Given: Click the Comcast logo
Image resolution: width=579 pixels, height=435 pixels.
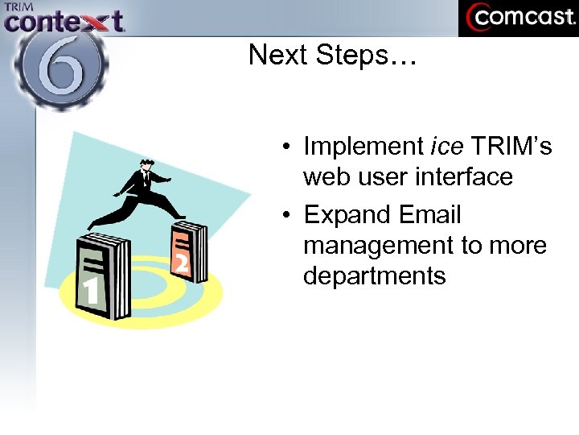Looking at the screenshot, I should (x=518, y=18).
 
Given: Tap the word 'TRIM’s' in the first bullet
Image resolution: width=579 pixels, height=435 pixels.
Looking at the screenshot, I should (x=511, y=147).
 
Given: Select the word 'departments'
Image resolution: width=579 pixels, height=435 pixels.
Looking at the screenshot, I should (x=374, y=275).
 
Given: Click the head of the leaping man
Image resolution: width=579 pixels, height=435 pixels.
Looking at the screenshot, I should (x=146, y=165).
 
